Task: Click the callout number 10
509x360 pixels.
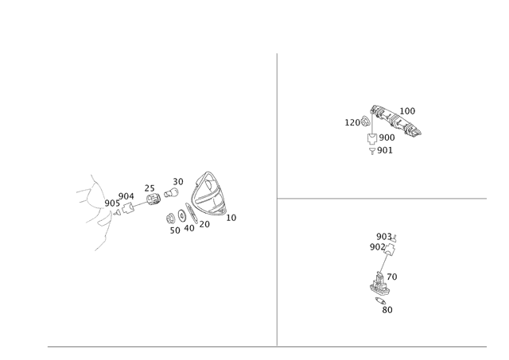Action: coord(231,218)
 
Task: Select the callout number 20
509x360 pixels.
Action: coord(204,224)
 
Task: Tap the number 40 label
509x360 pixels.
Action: coord(189,228)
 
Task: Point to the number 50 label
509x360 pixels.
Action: coord(175,230)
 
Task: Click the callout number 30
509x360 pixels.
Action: coord(178,182)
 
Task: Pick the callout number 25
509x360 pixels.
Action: coord(150,188)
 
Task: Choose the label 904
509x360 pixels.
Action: coord(126,196)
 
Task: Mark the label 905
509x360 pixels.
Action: coord(112,203)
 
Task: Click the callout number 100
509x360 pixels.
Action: coord(407,111)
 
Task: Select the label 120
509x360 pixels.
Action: coord(352,122)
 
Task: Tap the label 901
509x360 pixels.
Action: coord(385,150)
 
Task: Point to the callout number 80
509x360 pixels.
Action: coord(387,310)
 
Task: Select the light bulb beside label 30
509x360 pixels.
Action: coord(171,192)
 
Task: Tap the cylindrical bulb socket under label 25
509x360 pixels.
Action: coord(153,199)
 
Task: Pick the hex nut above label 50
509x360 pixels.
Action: coord(170,219)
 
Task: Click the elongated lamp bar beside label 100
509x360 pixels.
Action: coord(396,120)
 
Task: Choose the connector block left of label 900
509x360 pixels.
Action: coord(371,138)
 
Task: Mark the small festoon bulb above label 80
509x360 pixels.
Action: coord(380,300)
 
